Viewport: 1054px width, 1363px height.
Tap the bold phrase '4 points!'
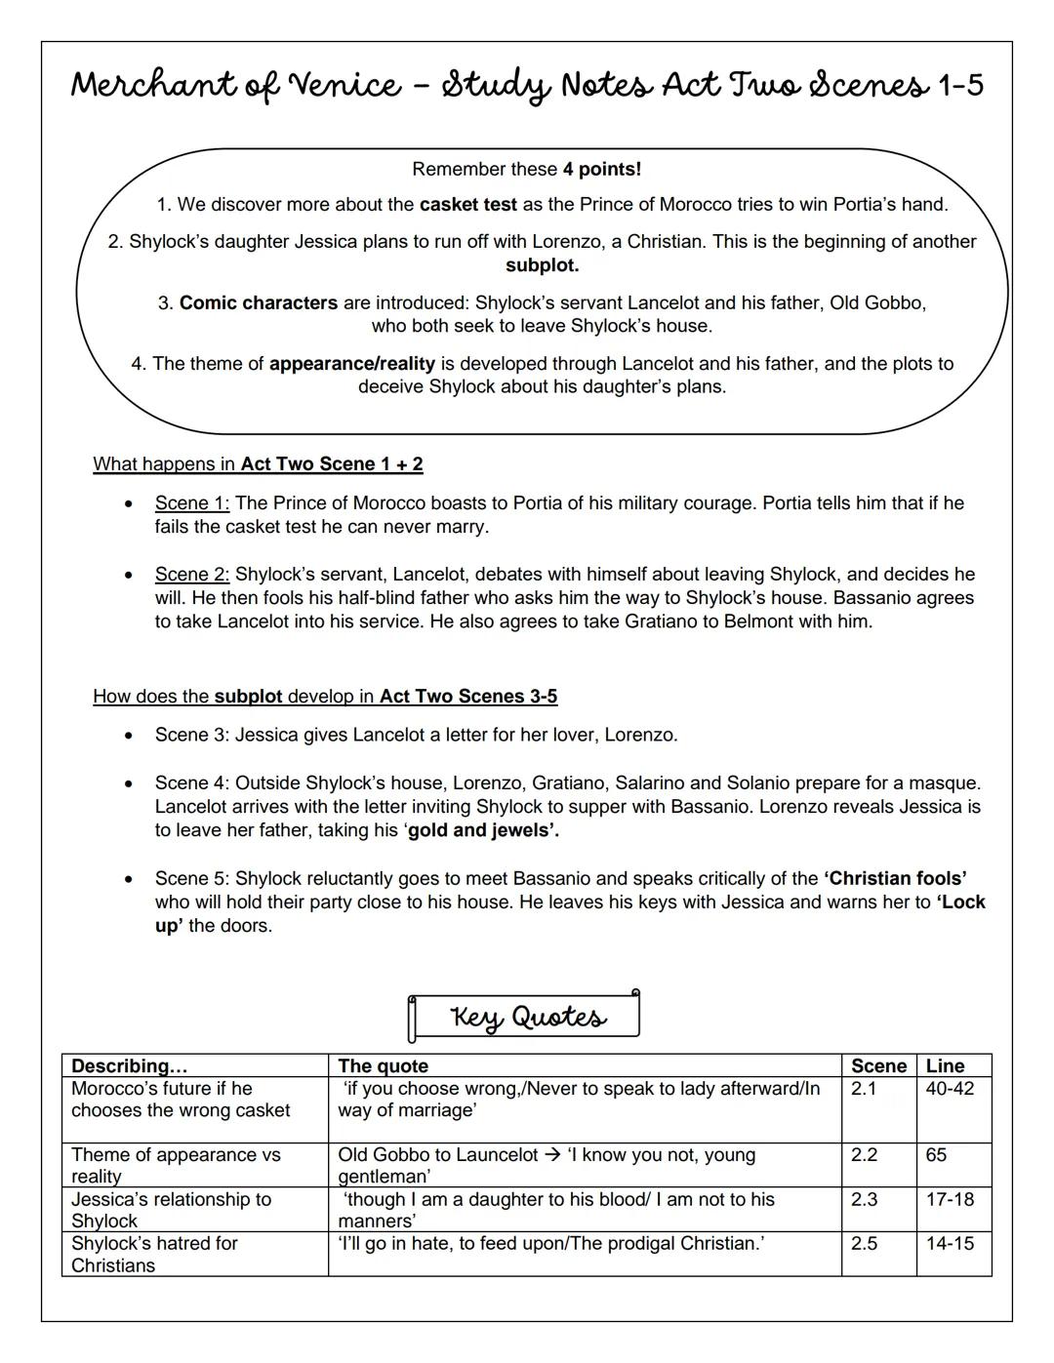[x=601, y=169]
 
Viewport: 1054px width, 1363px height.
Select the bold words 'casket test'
[x=467, y=205]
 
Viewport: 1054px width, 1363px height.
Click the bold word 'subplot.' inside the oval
[x=542, y=265]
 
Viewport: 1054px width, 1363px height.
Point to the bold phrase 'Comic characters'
[x=259, y=303]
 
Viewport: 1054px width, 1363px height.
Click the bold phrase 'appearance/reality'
[x=351, y=364]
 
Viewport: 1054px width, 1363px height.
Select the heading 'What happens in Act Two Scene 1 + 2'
[x=258, y=464]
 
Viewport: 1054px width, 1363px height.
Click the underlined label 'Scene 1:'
[x=191, y=503]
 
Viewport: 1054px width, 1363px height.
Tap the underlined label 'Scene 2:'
[x=191, y=575]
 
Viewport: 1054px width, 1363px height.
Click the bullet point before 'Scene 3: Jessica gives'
[x=128, y=736]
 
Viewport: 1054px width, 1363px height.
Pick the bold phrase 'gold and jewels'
[x=483, y=831]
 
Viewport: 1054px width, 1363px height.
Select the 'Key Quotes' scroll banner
[x=525, y=1017]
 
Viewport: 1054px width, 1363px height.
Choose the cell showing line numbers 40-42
[x=950, y=1089]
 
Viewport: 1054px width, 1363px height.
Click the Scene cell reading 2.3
[x=864, y=1199]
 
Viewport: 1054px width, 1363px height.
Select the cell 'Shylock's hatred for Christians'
[x=154, y=1255]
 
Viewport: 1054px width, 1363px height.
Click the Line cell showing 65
[x=936, y=1155]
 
